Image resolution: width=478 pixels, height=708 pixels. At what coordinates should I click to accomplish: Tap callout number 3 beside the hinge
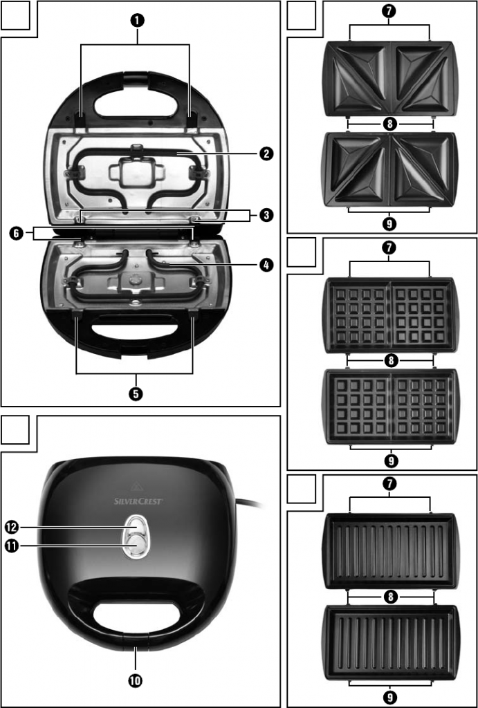(x=265, y=215)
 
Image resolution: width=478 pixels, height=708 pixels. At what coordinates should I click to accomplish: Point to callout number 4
(x=265, y=264)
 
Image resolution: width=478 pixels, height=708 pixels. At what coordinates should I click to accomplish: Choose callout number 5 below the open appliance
(x=136, y=393)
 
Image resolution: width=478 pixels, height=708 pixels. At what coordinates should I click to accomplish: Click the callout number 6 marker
(x=16, y=234)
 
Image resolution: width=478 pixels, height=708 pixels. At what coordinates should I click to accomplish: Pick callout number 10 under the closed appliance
(x=136, y=680)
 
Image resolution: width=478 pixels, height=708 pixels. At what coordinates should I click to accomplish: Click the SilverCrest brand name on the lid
(x=138, y=499)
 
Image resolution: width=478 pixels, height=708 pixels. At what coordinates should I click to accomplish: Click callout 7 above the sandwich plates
(x=390, y=11)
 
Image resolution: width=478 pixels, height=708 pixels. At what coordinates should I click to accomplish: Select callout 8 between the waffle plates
(x=390, y=360)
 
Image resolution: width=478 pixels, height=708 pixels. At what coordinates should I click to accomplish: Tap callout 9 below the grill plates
(x=390, y=697)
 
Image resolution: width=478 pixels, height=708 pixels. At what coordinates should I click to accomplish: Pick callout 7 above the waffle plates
(x=390, y=248)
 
